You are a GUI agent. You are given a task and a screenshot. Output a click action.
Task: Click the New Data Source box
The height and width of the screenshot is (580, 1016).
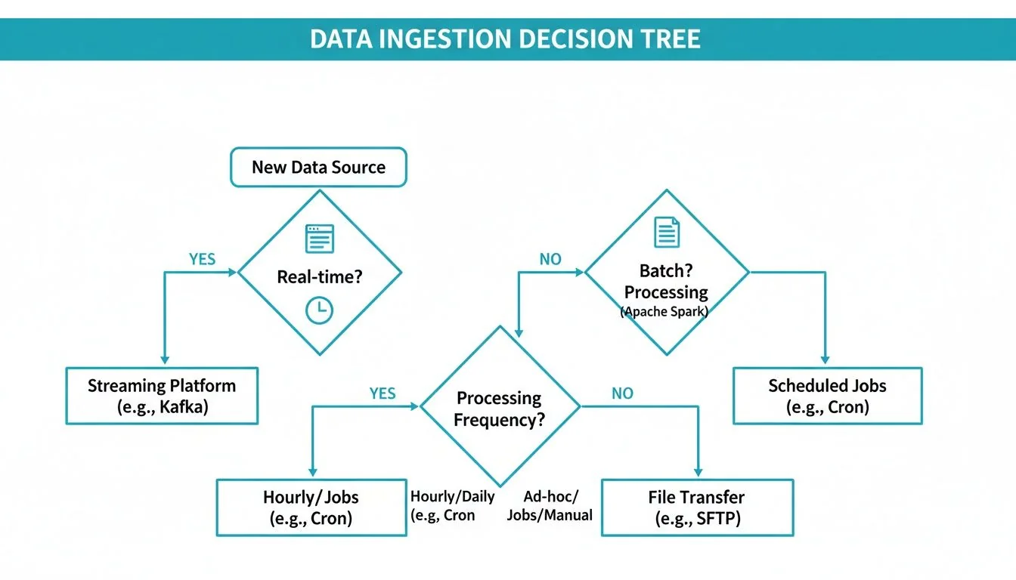[x=318, y=168]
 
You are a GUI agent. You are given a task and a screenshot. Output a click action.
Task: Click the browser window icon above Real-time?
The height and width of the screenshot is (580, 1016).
[x=319, y=238]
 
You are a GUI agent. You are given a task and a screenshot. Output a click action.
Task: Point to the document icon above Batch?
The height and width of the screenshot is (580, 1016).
[x=667, y=232]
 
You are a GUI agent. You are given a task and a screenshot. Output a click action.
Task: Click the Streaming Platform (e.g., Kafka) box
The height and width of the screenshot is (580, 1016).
[x=162, y=396]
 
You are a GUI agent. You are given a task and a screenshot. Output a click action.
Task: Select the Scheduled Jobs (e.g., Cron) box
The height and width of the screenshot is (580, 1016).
[x=827, y=396]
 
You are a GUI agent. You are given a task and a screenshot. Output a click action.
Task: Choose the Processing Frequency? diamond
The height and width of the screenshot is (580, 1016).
[x=499, y=409]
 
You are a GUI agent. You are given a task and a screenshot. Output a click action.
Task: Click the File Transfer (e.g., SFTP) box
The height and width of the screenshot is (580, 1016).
[x=697, y=507]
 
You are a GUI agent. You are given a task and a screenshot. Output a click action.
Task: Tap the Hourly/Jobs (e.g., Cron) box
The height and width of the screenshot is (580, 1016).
[x=311, y=507]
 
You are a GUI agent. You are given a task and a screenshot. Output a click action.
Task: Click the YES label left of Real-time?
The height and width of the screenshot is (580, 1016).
[x=203, y=259]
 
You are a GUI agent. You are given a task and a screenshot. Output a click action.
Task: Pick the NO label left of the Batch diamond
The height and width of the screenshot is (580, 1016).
[x=550, y=259]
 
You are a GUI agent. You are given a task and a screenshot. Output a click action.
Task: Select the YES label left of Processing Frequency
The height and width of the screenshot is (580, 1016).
[x=383, y=393]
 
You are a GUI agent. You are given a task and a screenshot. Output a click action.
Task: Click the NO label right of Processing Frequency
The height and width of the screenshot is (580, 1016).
[x=622, y=393]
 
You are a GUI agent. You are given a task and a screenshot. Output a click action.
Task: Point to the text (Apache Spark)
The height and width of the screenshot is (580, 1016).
[x=664, y=311]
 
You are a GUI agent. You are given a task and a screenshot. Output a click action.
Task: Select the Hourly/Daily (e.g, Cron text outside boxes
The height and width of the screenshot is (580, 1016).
[x=452, y=506]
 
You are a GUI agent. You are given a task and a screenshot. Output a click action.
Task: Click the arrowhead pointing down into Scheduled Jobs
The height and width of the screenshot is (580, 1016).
[x=825, y=359]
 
